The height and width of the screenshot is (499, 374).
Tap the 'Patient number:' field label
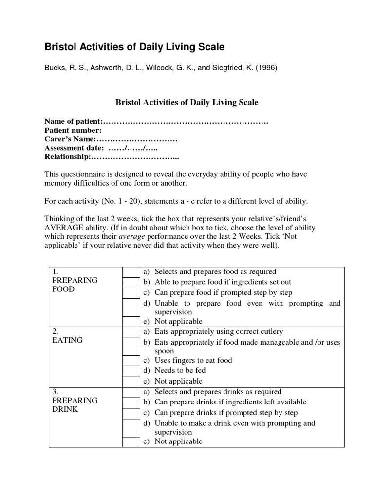pos(73,130)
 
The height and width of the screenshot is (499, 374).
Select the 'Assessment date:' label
pos(74,148)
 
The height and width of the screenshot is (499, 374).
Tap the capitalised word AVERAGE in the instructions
pos(64,228)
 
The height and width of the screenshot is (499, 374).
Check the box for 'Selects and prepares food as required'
pos(130,272)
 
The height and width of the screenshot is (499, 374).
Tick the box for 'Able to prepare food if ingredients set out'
pos(130,282)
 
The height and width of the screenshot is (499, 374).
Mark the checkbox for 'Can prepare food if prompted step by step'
pos(130,293)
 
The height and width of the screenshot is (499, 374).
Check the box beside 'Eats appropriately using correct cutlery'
pos(130,332)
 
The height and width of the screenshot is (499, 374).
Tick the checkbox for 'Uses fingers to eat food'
pos(130,360)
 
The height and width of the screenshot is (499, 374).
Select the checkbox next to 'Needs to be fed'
pos(130,371)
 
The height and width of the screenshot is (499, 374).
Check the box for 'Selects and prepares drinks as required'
pos(130,392)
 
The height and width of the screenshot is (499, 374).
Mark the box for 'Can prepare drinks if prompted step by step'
pos(130,413)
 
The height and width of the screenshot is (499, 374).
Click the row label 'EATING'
pos(67,340)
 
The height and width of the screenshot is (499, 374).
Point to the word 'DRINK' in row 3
pos(64,409)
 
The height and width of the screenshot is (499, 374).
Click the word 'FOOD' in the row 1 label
pos(63,289)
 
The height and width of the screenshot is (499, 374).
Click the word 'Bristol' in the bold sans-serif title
pos(61,47)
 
